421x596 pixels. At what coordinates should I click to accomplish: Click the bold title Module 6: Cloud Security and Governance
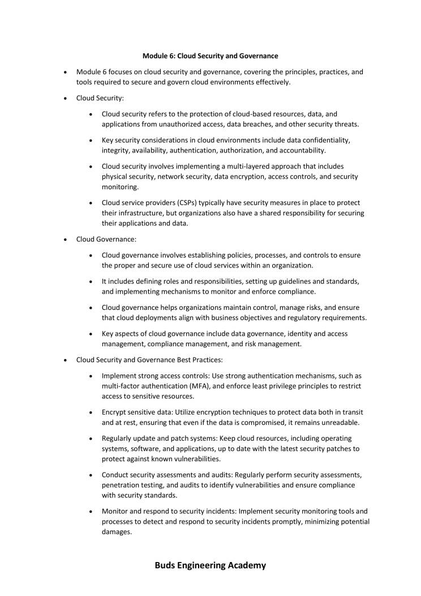(210, 56)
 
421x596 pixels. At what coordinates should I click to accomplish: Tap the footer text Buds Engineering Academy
(210, 565)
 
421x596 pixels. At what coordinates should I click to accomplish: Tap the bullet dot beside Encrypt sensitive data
(91, 412)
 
